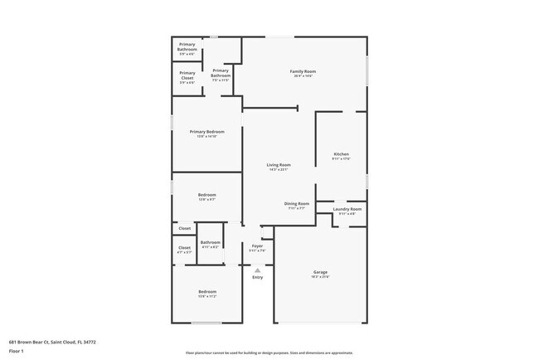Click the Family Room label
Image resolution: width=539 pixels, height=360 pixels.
pos(303,71)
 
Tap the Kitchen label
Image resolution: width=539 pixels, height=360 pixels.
pos(342,154)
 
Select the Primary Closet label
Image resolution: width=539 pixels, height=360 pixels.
pos(187,75)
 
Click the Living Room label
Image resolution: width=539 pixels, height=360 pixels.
pos(278,164)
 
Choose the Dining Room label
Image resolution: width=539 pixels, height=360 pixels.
pos(297,203)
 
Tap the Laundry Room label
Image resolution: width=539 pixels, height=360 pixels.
pos(347,208)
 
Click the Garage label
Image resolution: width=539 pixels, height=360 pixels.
pos(320,271)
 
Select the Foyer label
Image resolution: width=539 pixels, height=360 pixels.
pos(257,246)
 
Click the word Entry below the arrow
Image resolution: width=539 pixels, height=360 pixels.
pos(257,277)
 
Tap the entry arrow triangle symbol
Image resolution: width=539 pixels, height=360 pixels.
pos(257,269)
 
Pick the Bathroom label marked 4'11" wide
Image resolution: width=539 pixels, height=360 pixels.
pos(210,242)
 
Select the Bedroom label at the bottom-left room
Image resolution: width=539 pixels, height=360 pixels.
pos(206,291)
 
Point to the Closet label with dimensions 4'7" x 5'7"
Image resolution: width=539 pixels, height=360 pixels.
pos(184,247)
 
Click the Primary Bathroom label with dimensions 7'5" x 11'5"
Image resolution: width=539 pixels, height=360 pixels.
pos(221,74)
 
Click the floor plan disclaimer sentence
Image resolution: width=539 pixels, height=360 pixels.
pos(269,352)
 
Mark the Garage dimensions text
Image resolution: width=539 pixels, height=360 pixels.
pos(320,277)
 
